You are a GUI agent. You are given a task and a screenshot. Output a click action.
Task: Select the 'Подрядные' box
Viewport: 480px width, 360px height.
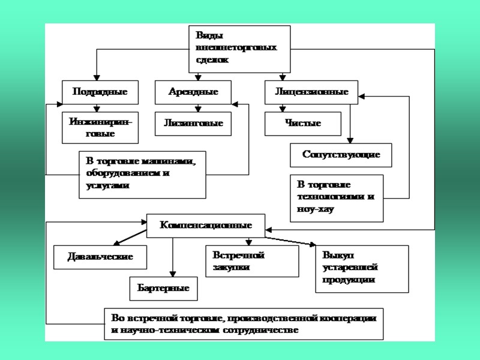click(100, 92)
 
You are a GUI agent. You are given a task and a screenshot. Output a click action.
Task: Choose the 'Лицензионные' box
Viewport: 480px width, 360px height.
click(311, 92)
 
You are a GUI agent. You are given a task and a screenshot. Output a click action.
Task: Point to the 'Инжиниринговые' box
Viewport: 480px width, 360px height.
click(100, 128)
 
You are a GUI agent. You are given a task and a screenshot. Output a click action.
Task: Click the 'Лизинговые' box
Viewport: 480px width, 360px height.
click(193, 124)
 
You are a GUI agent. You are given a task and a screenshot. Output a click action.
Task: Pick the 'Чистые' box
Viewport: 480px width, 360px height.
click(303, 124)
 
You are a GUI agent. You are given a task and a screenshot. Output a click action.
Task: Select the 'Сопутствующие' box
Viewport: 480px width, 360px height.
click(341, 155)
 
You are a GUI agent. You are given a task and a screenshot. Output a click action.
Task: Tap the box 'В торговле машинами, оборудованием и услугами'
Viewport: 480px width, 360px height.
click(142, 175)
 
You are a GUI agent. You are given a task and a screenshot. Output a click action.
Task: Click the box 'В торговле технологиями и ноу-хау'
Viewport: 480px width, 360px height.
click(337, 198)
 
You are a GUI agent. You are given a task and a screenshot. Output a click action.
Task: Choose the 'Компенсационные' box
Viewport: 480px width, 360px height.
click(205, 226)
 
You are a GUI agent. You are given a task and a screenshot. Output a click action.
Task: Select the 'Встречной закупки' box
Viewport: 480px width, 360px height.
click(252, 261)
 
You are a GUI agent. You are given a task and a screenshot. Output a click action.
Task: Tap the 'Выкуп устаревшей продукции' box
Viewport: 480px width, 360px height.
click(361, 269)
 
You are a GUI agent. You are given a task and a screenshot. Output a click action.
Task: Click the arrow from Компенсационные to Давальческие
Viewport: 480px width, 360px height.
click(131, 236)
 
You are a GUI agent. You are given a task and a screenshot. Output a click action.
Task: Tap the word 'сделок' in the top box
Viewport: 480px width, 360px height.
click(212, 60)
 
